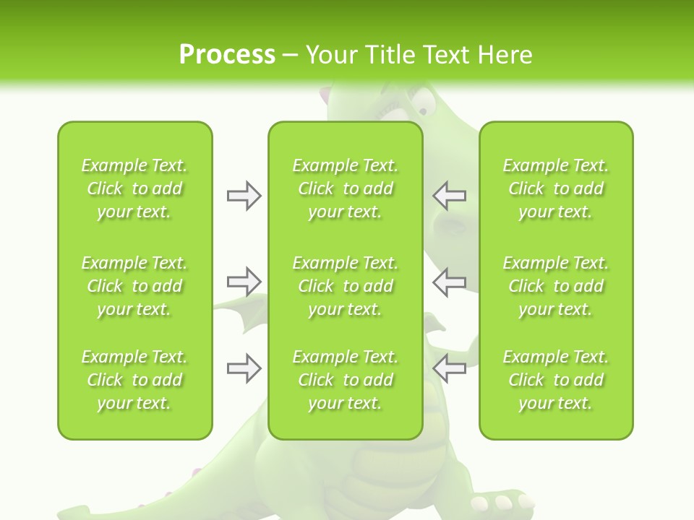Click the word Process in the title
point(227,54)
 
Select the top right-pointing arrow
point(244,196)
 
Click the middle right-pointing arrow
point(244,281)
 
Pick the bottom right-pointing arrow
point(244,368)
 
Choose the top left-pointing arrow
point(450,196)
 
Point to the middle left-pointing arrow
point(450,281)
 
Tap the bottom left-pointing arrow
point(450,368)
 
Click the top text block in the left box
point(134,188)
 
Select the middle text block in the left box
point(134,286)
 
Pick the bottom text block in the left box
point(134,380)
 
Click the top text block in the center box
point(346,188)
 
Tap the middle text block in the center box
point(346,286)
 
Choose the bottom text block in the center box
point(346,380)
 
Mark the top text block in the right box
point(556,188)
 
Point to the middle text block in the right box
point(556,286)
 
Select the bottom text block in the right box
point(556,380)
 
